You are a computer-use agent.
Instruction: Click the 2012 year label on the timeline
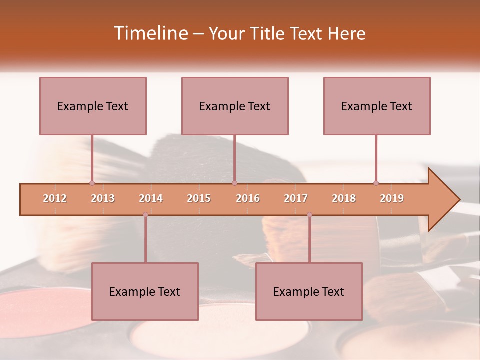pyautogui.click(x=55, y=198)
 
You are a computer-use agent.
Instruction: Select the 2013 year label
pyautogui.click(x=103, y=198)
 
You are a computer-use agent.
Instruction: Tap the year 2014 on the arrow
pyautogui.click(x=151, y=198)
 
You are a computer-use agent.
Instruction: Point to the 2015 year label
pyautogui.click(x=199, y=198)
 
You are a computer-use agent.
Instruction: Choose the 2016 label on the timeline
pyautogui.click(x=248, y=198)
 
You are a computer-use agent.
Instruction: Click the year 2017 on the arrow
pyautogui.click(x=296, y=198)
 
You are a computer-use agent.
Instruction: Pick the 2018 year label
pyautogui.click(x=344, y=198)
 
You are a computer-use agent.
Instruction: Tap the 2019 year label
pyautogui.click(x=392, y=198)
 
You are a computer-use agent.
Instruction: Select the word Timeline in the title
pyautogui.click(x=150, y=33)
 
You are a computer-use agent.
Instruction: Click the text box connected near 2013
pyautogui.click(x=93, y=106)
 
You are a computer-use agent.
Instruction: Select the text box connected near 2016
pyautogui.click(x=235, y=106)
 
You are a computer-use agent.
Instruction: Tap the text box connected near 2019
pyautogui.click(x=377, y=106)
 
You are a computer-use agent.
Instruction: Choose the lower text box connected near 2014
pyautogui.click(x=145, y=291)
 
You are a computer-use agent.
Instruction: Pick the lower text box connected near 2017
pyautogui.click(x=309, y=291)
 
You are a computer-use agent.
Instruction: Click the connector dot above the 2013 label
pyautogui.click(x=92, y=183)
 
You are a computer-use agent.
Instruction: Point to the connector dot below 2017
pyautogui.click(x=309, y=215)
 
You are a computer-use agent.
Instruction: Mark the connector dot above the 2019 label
pyautogui.click(x=376, y=183)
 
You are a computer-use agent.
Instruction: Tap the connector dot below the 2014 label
pyautogui.click(x=145, y=215)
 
